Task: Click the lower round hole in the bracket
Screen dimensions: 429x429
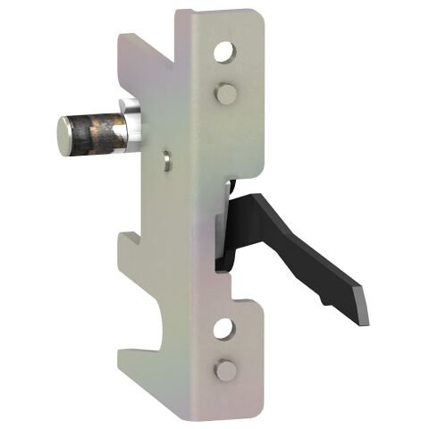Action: (x=224, y=330)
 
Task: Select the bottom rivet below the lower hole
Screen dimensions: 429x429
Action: (x=227, y=369)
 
